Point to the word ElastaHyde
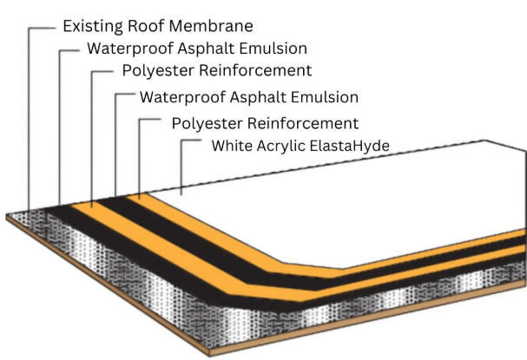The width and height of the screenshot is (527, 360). pos(350,146)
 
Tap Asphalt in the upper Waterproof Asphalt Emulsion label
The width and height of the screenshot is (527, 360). pos(206,49)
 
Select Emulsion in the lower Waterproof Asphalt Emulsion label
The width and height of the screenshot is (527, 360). pos(325,97)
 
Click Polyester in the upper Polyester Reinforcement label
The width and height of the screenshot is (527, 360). pos(158,71)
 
